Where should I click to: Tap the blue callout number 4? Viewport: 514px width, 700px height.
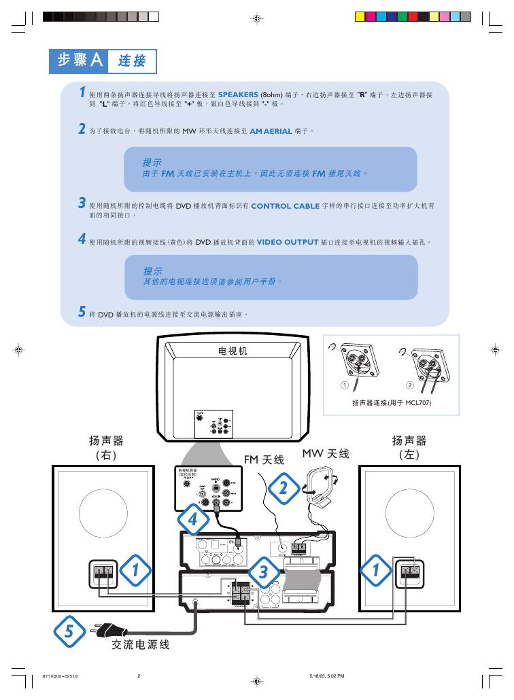point(193,520)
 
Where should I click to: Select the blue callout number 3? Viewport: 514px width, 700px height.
point(263,572)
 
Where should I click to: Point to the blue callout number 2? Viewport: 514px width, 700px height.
point(284,487)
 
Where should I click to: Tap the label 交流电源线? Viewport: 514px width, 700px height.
point(141,645)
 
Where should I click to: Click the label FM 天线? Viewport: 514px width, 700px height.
point(264,460)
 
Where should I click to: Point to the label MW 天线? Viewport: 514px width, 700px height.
point(326,453)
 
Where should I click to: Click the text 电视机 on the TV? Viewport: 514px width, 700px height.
point(232,351)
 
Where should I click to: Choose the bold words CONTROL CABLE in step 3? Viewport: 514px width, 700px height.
point(285,206)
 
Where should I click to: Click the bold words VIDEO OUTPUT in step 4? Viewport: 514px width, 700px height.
point(288,242)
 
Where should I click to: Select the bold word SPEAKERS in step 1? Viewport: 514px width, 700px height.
point(238,94)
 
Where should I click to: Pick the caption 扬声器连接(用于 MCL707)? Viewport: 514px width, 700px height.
point(392,402)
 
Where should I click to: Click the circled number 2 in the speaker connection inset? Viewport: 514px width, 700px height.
point(409,385)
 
